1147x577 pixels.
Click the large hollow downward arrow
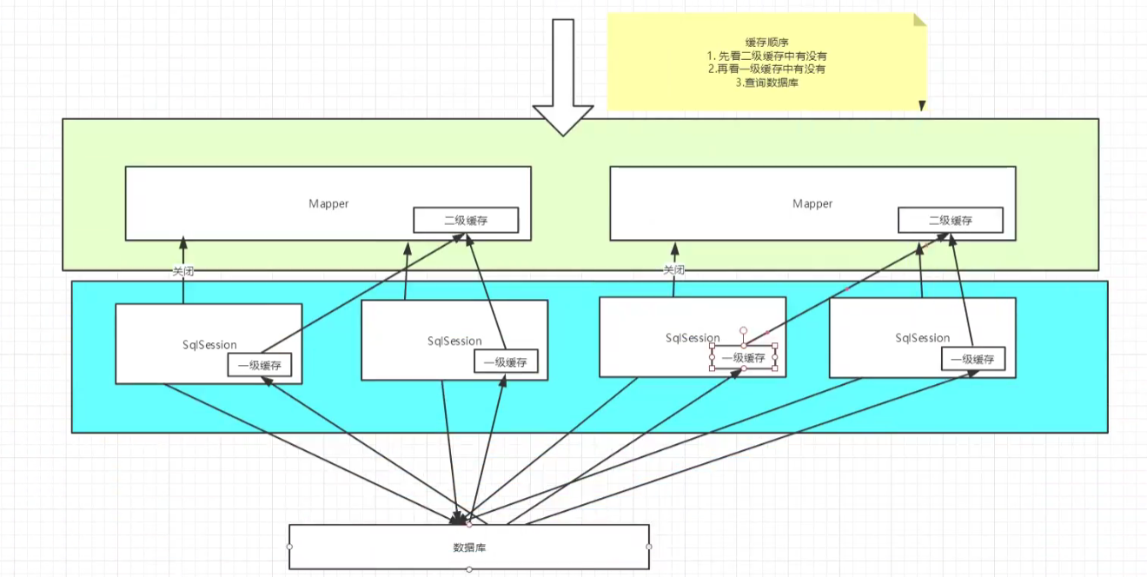pyautogui.click(x=563, y=76)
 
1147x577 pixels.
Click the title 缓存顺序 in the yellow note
pyautogui.click(x=766, y=43)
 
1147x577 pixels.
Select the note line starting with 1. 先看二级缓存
pyautogui.click(x=766, y=56)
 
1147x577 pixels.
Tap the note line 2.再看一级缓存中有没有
pyautogui.click(x=766, y=70)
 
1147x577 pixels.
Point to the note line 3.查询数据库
pyautogui.click(x=766, y=83)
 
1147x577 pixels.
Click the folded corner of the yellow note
pyautogui.click(x=919, y=19)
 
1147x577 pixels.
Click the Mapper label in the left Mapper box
pyautogui.click(x=328, y=203)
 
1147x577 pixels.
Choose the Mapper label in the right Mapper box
pyautogui.click(x=812, y=203)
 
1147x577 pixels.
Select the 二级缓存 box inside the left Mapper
pyautogui.click(x=466, y=220)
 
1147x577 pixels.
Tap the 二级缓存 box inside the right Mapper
pyautogui.click(x=951, y=220)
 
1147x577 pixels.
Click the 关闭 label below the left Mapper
pyautogui.click(x=182, y=271)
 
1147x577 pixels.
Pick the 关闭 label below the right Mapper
pyautogui.click(x=673, y=269)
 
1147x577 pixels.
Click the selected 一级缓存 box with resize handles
pyautogui.click(x=743, y=357)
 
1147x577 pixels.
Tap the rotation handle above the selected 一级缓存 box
pyautogui.click(x=743, y=331)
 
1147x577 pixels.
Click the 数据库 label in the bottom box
pyautogui.click(x=469, y=547)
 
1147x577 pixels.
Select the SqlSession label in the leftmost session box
pyautogui.click(x=209, y=345)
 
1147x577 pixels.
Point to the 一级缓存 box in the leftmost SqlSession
pyautogui.click(x=260, y=365)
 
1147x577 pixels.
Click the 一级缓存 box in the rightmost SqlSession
pyautogui.click(x=973, y=359)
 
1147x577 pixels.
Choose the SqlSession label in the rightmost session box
pyautogui.click(x=922, y=338)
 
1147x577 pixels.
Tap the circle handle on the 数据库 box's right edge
pyautogui.click(x=649, y=547)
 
